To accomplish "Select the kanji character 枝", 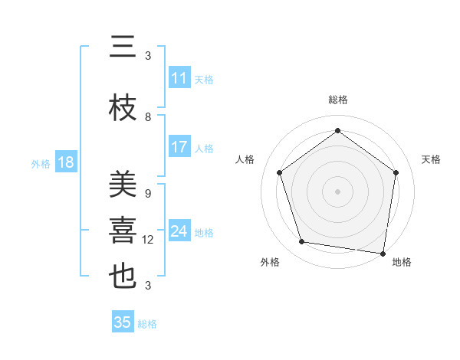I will coord(123,109).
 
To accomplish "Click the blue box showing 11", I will coord(179,78).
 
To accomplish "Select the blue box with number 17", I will coord(179,147).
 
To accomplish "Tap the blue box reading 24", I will coord(179,231).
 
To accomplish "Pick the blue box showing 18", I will coord(65,162).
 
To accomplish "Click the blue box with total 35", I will coord(123,322).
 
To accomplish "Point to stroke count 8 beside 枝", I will coord(148,117).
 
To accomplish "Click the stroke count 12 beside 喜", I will coord(148,240).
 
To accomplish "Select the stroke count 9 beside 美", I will coord(148,194).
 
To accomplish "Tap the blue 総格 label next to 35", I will coord(147,324).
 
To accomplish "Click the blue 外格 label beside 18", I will coord(41,163).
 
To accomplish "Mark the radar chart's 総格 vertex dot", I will coord(337,131).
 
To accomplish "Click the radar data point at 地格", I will coord(383,253).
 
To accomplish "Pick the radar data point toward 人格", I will coord(279,172).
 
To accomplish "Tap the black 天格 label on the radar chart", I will coord(431,159).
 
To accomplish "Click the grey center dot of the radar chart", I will coord(337,191).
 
